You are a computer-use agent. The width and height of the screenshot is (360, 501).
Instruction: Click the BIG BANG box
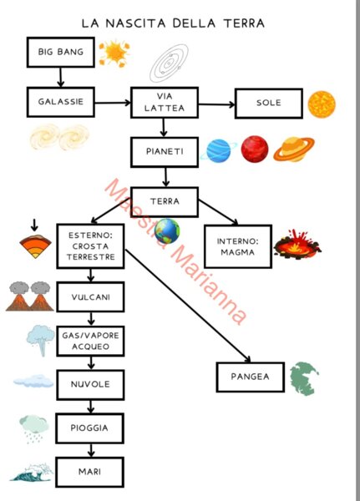[61, 52]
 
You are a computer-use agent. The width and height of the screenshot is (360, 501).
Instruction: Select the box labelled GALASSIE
[61, 102]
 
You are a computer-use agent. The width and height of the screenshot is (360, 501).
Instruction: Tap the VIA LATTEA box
[165, 103]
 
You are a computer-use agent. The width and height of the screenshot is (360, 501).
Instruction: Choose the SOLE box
[269, 104]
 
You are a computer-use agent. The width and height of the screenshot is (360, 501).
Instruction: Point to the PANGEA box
[251, 377]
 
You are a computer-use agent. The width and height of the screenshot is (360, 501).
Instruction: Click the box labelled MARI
[90, 472]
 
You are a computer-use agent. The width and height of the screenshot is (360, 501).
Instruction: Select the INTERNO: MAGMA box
[238, 246]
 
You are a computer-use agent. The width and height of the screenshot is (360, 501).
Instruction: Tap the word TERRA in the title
[244, 23]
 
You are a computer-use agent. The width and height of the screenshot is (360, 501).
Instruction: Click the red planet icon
[255, 149]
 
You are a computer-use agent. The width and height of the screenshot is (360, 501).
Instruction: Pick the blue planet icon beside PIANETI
[219, 150]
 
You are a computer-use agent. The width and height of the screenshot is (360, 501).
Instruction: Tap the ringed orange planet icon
[294, 149]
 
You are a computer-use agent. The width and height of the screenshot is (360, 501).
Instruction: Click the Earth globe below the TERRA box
[167, 231]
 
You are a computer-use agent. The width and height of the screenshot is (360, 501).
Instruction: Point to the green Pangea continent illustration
[304, 378]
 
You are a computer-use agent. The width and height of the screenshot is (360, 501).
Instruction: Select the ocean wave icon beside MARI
[32, 473]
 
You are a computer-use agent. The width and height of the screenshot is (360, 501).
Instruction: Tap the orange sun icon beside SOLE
[322, 104]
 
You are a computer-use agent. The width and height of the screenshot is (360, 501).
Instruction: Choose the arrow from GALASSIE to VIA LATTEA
[113, 103]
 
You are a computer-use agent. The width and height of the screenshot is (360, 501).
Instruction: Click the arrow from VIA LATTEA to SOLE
[217, 104]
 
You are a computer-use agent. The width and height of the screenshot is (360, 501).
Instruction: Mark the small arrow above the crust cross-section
[34, 225]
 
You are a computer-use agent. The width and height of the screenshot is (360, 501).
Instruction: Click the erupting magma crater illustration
[297, 245]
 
